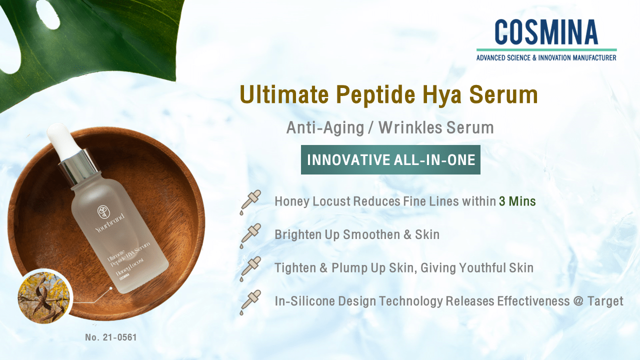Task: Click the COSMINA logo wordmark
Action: coord(546,32)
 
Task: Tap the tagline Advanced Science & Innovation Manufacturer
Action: coord(546,57)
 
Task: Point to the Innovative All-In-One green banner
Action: coord(390,160)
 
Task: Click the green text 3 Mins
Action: coord(517,201)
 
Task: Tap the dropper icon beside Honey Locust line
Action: coord(250,202)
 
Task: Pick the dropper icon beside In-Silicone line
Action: coord(250,301)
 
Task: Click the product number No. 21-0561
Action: coord(110,337)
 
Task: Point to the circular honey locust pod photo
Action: coord(43,296)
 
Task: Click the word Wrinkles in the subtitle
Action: coord(403,128)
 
